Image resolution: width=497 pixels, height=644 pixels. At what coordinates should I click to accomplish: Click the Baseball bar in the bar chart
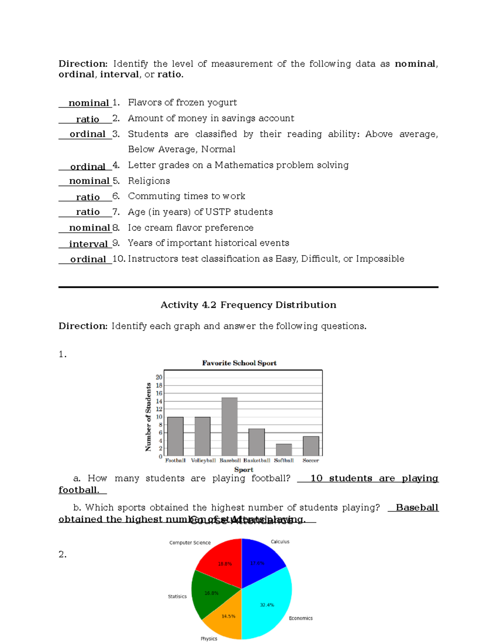[229, 427]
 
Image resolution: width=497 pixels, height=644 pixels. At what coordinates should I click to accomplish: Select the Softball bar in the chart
[284, 450]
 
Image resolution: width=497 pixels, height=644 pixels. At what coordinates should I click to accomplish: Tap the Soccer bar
[311, 446]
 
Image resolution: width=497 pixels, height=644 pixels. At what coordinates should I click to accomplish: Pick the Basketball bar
[256, 442]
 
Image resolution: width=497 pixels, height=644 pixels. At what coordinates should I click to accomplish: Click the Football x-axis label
[175, 460]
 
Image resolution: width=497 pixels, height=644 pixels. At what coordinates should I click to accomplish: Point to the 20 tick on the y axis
[159, 377]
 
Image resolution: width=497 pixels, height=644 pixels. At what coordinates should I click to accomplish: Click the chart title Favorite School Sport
[239, 363]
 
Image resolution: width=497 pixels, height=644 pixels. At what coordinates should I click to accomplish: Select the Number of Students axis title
[148, 417]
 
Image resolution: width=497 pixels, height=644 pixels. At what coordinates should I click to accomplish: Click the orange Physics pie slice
[226, 620]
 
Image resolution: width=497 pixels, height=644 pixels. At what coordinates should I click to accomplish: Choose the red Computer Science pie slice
[222, 560]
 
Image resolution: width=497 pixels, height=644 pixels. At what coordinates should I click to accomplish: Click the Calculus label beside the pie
[280, 542]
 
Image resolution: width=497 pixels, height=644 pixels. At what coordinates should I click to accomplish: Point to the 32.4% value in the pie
[267, 605]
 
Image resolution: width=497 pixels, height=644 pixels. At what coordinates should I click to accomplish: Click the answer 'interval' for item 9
[88, 244]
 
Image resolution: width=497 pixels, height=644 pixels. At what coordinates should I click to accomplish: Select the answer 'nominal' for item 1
[89, 103]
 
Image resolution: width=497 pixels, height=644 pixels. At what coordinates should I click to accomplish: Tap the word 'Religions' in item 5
[149, 181]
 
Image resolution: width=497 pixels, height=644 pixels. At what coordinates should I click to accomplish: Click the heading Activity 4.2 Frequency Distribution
[248, 305]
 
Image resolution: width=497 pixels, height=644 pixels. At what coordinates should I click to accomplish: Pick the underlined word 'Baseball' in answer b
[417, 508]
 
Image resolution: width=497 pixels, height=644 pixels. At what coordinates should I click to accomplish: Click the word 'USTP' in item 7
[218, 212]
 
